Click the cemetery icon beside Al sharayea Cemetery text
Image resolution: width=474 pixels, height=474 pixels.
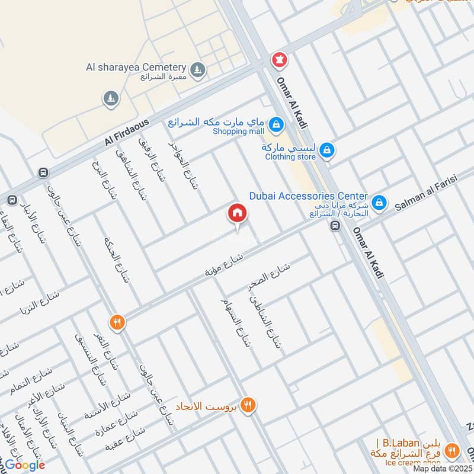point(199,71)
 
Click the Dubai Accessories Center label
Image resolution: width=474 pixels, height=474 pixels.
point(308,196)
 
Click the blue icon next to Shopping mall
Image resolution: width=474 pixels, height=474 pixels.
point(276,125)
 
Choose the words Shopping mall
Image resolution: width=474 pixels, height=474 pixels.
point(238,132)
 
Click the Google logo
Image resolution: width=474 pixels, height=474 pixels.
point(25,465)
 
